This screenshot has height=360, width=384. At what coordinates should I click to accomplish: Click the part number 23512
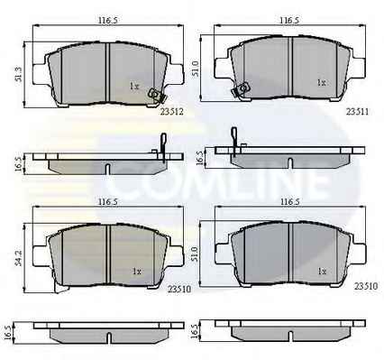[x=171, y=112]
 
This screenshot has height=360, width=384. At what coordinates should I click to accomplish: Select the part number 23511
[x=357, y=112]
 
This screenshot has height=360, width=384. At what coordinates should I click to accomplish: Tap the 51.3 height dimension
[x=19, y=74]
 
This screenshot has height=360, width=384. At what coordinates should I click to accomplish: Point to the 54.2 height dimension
[x=19, y=257]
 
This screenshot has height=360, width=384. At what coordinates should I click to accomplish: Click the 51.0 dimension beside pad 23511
[x=195, y=69]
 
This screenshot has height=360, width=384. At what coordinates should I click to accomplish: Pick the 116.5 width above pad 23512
[x=107, y=21]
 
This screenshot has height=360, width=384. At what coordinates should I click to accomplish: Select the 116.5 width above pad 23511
[x=289, y=21]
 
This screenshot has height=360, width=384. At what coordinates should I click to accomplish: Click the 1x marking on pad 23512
[x=133, y=87]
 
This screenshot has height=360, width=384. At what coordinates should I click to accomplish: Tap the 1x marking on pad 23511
[x=322, y=82]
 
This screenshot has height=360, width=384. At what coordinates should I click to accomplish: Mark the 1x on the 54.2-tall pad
[x=137, y=272]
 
